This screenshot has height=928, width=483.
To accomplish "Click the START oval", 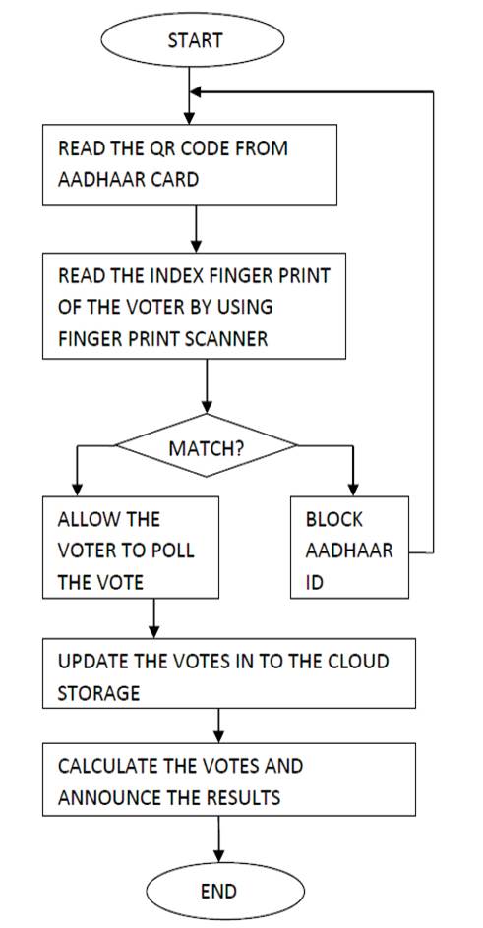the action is tap(193, 39).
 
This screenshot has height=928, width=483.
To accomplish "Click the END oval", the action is tap(225, 891).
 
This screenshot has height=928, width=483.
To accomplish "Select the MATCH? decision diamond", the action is tap(206, 446).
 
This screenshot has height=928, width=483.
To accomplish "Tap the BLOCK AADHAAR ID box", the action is tap(349, 547).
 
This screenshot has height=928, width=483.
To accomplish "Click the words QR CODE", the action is tap(193, 147).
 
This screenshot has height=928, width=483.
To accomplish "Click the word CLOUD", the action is tap(360, 661).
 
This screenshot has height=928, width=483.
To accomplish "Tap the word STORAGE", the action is tap(98, 692).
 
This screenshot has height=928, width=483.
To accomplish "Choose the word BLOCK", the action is tap(333, 519).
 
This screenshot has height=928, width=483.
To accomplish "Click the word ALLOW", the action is tap(86, 519).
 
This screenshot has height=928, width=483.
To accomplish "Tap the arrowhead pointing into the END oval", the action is tap(219, 856).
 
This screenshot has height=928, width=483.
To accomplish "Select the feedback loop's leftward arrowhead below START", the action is tap(196, 91).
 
